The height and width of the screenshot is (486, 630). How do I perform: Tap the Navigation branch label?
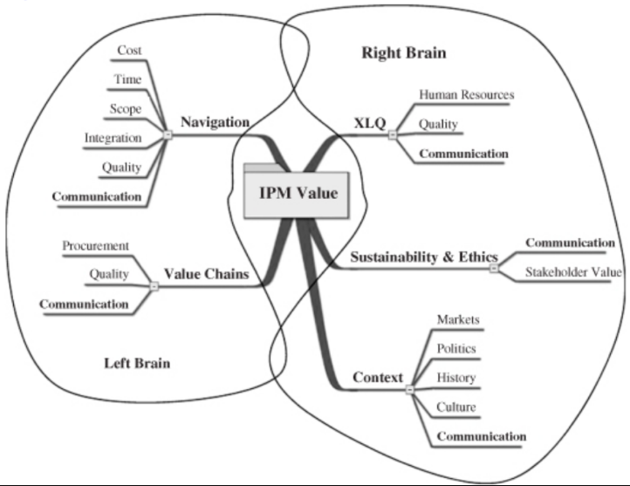[x=215, y=122]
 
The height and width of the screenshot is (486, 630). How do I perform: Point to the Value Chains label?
[x=208, y=274]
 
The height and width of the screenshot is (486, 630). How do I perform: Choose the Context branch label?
[x=377, y=378]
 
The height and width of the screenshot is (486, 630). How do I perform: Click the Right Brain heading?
[x=403, y=53]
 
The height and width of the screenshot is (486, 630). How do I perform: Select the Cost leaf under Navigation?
[x=129, y=51]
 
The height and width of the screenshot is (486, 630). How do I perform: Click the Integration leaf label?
[x=113, y=138]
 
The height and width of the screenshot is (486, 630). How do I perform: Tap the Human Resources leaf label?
[x=466, y=94]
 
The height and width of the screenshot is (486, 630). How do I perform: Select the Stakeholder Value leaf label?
[x=572, y=272]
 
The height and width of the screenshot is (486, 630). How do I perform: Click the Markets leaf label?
[x=457, y=319]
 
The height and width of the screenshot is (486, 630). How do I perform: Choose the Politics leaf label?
[x=456, y=348]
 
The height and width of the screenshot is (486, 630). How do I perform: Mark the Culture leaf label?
[x=455, y=407]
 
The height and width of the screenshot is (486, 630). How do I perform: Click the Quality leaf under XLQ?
[x=438, y=124]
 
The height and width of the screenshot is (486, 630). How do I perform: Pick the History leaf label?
[x=455, y=378]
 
